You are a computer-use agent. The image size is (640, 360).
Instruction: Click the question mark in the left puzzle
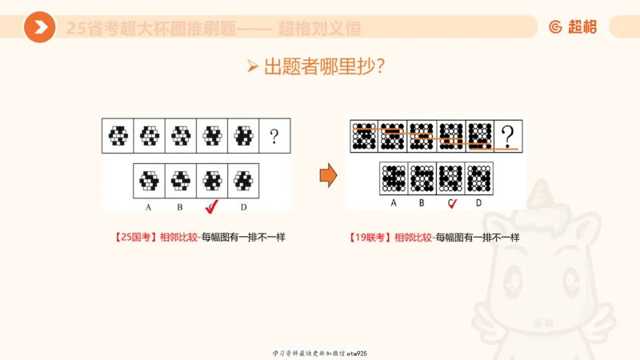coord(274,136)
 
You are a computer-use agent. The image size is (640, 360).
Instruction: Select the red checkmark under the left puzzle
coord(212,208)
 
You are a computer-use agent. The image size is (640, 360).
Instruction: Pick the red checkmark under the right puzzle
coord(452,203)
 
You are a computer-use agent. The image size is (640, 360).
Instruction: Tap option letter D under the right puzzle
coord(478,203)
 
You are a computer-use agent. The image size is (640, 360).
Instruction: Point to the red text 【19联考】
coord(370,238)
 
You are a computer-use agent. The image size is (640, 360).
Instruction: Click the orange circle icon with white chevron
coord(39,27)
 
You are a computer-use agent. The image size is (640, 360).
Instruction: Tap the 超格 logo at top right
coord(573,27)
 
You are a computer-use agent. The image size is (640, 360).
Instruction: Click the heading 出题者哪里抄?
coord(320,66)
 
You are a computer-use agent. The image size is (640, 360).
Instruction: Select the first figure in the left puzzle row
coord(118,136)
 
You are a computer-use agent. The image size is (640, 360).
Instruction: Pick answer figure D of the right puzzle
coord(478,178)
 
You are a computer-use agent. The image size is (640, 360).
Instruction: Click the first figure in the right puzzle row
coord(365,136)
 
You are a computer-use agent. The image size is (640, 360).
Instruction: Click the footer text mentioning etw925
coord(320,353)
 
